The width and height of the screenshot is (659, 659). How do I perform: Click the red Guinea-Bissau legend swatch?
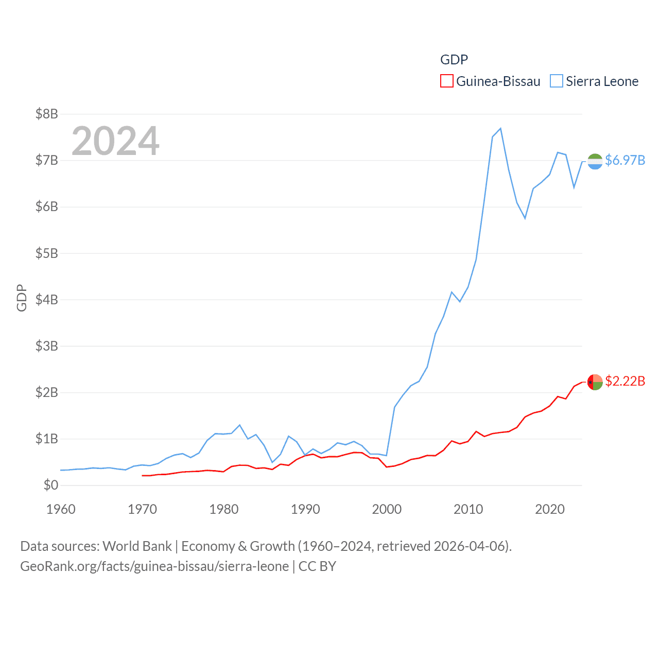pyautogui.click(x=446, y=81)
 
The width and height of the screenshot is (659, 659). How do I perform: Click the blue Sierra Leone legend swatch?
pyautogui.click(x=556, y=81)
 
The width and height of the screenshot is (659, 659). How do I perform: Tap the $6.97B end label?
pyautogui.click(x=625, y=160)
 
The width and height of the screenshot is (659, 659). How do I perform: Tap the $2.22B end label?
pyautogui.click(x=625, y=381)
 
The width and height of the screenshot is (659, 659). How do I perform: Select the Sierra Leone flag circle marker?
pyautogui.click(x=595, y=161)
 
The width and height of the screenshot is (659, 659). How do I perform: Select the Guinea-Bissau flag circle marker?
pyautogui.click(x=595, y=382)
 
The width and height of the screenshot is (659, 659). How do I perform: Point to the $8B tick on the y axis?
pyautogui.click(x=46, y=114)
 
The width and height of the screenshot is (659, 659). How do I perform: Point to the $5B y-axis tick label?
pyautogui.click(x=46, y=253)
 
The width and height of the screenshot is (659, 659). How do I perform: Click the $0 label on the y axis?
pyautogui.click(x=50, y=485)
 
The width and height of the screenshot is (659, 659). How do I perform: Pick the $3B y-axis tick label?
pyautogui.click(x=46, y=346)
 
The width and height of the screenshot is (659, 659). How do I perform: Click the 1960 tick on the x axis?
pyautogui.click(x=61, y=509)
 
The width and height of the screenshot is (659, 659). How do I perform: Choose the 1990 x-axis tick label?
pyautogui.click(x=305, y=509)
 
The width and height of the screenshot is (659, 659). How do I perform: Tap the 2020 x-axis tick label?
pyautogui.click(x=550, y=509)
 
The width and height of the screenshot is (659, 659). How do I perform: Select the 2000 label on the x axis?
pyautogui.click(x=387, y=509)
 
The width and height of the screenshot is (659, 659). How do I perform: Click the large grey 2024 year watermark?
pyautogui.click(x=115, y=141)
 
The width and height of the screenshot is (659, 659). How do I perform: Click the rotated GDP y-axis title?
pyautogui.click(x=22, y=298)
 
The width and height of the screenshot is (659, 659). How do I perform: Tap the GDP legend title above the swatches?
pyautogui.click(x=454, y=60)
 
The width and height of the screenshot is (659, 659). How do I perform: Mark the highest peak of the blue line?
pyautogui.click(x=500, y=128)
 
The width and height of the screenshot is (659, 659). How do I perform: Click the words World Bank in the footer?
pyautogui.click(x=137, y=546)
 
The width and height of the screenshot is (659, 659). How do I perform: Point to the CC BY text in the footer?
pyautogui.click(x=317, y=566)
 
